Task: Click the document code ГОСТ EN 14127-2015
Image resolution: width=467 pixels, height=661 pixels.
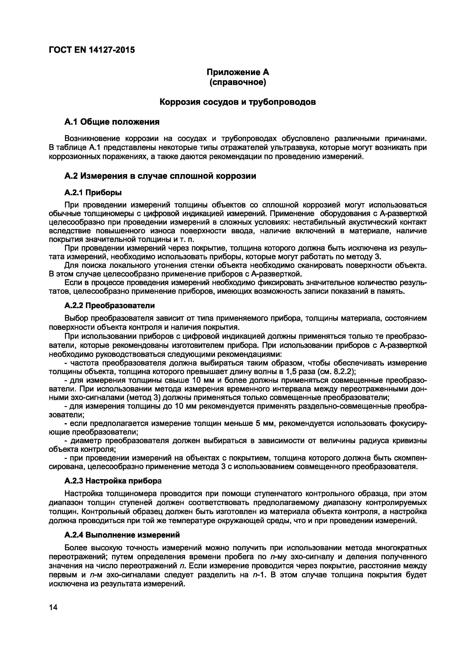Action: point(92,50)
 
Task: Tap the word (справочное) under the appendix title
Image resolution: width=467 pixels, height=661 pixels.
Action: point(238,83)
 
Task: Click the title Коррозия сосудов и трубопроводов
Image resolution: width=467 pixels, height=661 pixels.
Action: point(238,102)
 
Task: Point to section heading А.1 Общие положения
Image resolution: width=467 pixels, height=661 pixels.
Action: point(112,122)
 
